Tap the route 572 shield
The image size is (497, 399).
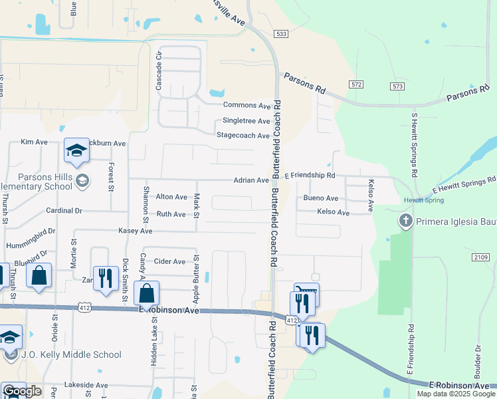357,84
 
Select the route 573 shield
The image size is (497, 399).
397,86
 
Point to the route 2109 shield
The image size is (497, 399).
482,257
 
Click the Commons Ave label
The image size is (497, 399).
247,105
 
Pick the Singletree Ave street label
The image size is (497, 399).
246,120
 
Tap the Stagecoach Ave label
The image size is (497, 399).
243,136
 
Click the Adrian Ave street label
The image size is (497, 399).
250,180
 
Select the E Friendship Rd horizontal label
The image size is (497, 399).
310,176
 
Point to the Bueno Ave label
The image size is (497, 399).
320,198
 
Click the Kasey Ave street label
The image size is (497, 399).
136,231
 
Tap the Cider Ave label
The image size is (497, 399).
169,261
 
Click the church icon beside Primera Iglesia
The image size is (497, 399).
405,219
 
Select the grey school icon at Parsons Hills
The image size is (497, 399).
82,180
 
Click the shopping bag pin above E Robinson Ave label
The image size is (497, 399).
146,293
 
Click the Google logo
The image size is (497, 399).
22,391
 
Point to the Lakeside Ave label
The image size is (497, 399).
86,385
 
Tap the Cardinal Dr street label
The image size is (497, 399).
64,210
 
